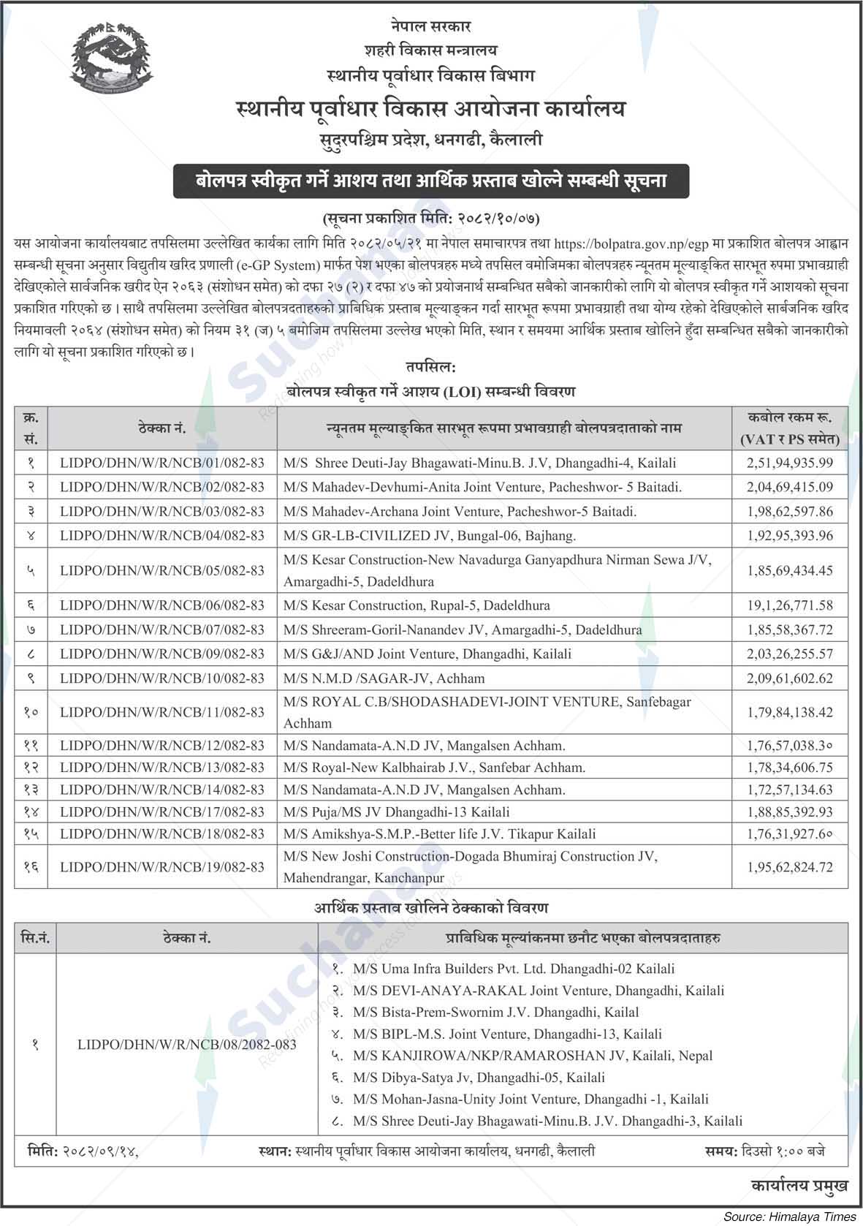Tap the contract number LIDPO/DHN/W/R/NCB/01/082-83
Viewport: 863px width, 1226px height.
coord(162,463)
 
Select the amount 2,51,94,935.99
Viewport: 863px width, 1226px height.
coord(790,463)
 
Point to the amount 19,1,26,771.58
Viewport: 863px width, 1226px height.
coord(790,605)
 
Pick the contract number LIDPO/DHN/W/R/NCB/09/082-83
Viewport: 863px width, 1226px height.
coord(162,654)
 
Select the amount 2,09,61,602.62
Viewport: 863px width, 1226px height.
coord(790,678)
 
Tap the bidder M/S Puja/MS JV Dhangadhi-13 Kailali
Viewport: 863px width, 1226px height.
coord(397,811)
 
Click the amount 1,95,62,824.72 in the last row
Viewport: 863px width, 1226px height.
coord(790,867)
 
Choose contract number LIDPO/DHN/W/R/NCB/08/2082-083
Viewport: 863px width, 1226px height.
coord(187,1045)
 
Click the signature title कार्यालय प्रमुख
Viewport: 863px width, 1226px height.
coord(799,1186)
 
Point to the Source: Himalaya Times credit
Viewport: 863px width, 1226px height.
coord(790,1216)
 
